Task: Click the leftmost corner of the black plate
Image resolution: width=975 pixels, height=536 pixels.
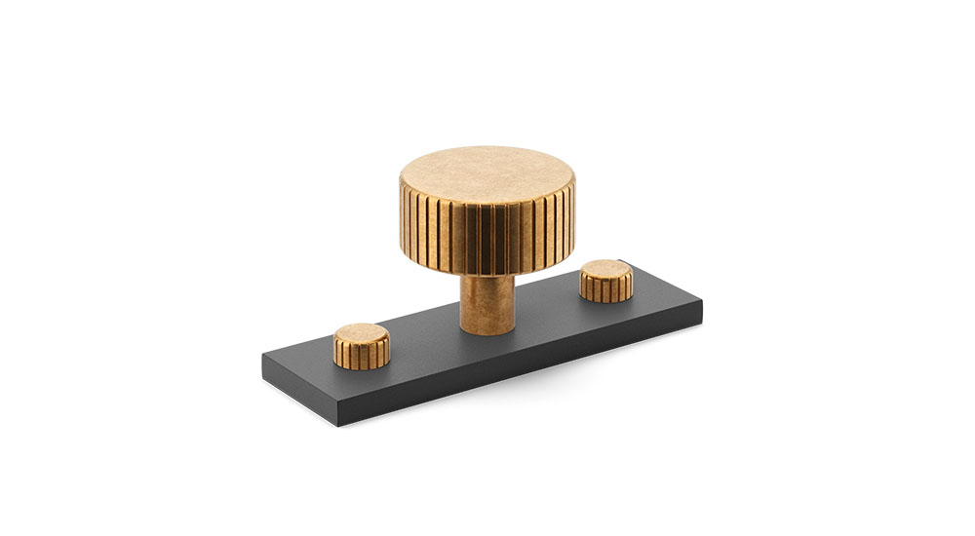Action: (262, 355)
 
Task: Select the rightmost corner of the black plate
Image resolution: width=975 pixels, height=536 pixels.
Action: (702, 304)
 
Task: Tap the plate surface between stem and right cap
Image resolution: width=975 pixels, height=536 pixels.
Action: (551, 307)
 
